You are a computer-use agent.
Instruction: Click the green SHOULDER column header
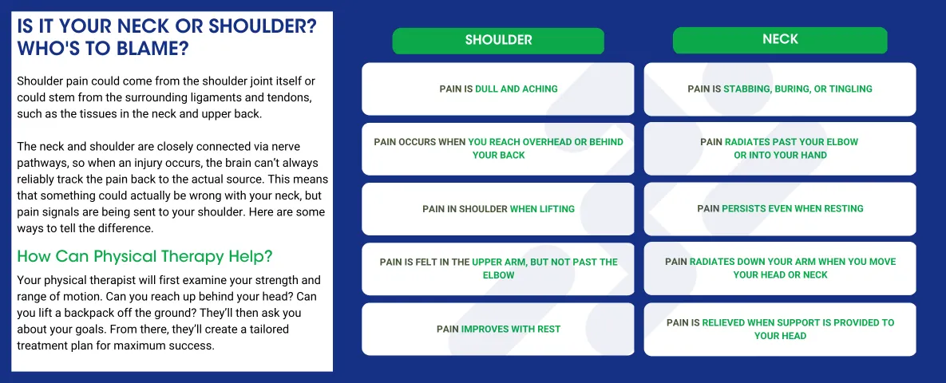tap(498, 40)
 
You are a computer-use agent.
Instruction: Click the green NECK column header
tap(780, 39)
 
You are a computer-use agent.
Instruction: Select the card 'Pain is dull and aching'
tap(498, 89)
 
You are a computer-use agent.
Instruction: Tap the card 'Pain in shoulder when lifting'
tap(498, 209)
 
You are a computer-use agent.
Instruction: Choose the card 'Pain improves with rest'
tap(498, 329)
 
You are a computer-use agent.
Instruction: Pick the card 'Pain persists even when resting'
tap(780, 208)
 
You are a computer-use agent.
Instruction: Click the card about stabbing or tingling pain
tap(780, 89)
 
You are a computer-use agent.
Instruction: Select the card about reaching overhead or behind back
tap(498, 148)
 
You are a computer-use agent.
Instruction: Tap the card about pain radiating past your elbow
tap(780, 148)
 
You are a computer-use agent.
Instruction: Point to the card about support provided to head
tap(780, 329)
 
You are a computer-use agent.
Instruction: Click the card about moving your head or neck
tap(780, 268)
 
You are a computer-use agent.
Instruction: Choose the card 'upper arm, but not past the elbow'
tap(498, 268)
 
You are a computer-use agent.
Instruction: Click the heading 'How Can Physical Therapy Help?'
tap(144, 256)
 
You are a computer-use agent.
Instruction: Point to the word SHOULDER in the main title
tap(241, 26)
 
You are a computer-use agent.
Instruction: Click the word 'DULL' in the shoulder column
tap(489, 89)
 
